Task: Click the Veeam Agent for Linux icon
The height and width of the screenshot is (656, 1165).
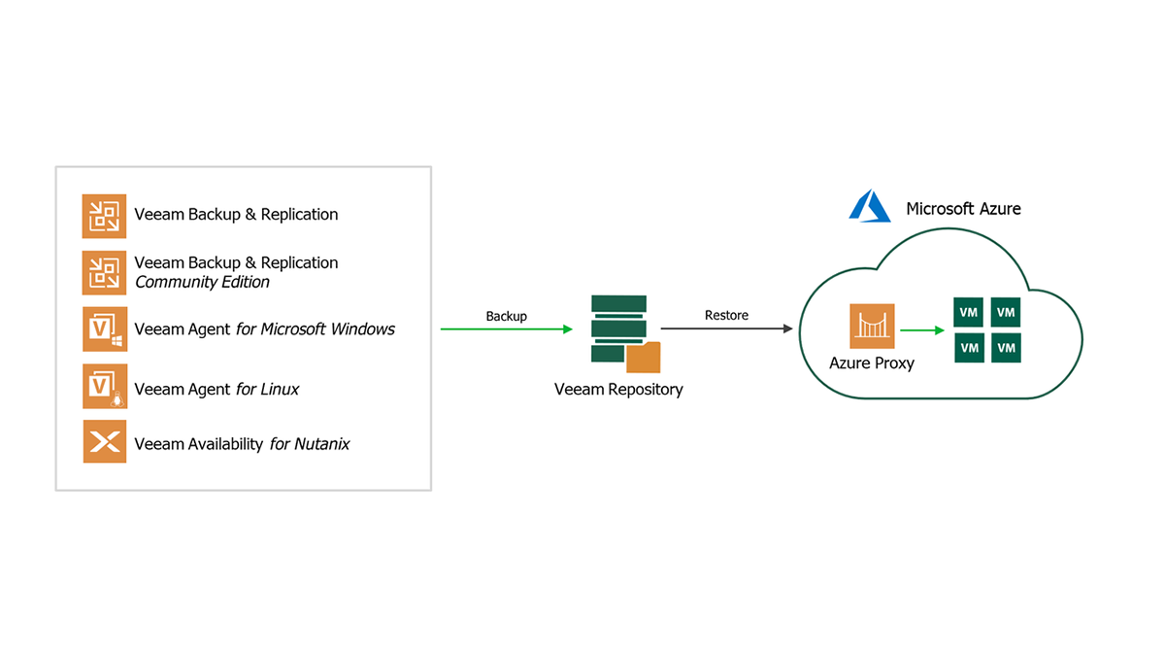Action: pos(105,387)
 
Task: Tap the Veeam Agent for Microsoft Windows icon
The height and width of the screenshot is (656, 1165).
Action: pos(105,328)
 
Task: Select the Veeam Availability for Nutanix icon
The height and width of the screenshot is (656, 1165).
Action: pos(105,442)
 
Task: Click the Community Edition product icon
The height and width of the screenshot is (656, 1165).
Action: pos(105,272)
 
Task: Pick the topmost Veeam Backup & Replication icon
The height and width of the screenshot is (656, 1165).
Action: pos(105,216)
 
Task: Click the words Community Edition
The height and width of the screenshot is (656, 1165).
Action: pos(202,282)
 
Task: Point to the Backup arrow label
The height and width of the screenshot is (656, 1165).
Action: pos(506,316)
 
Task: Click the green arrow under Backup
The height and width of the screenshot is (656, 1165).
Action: pos(506,329)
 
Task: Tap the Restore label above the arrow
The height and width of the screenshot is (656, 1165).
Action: pos(726,316)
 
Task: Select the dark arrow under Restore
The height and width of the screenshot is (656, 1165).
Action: pos(726,329)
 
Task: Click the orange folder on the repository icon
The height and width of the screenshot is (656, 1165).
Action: pos(643,358)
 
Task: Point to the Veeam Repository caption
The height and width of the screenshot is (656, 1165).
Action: pos(618,390)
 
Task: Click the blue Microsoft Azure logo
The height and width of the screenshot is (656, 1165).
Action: pos(870,207)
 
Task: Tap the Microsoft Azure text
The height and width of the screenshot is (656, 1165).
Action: pos(963,209)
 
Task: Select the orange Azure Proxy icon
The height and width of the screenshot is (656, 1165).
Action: pos(872,327)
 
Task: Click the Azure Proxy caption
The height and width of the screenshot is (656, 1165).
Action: pos(872,363)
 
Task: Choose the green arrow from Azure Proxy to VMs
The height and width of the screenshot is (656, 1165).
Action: pos(922,330)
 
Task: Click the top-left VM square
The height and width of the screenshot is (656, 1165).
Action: pos(969,313)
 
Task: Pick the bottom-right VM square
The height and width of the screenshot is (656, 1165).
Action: pos(1006,347)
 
